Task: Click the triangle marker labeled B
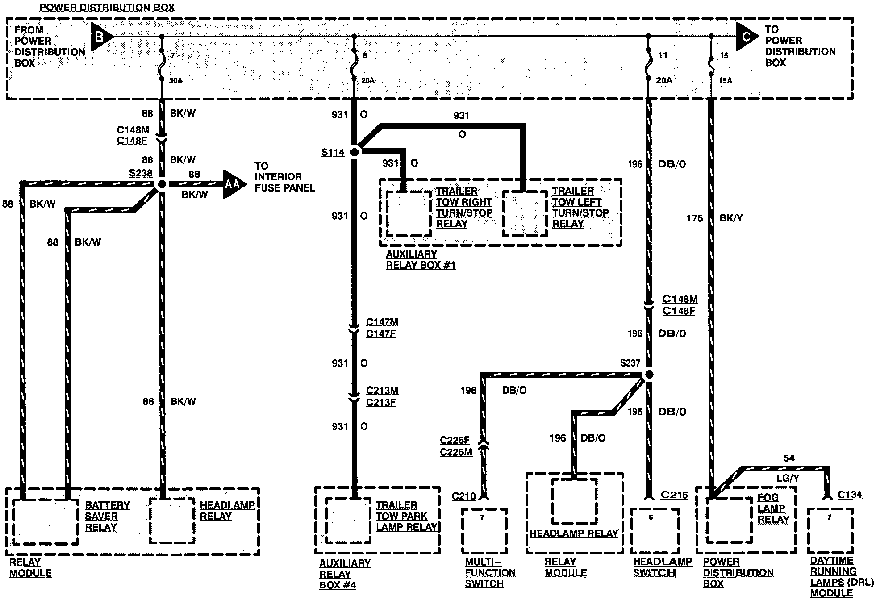pyautogui.click(x=100, y=37)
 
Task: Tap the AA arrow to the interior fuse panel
pyautogui.click(x=233, y=183)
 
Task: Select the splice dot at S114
pyautogui.click(x=355, y=152)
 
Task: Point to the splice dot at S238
pyautogui.click(x=162, y=183)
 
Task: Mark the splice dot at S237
pyautogui.click(x=649, y=375)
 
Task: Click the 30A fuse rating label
pyautogui.click(x=175, y=81)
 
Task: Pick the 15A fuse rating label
pyautogui.click(x=726, y=81)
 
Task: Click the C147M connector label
pyautogui.click(x=382, y=322)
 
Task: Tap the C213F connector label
pyautogui.click(x=381, y=402)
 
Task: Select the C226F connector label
pyautogui.click(x=455, y=441)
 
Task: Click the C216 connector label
pyautogui.click(x=674, y=495)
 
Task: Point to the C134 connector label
pyautogui.click(x=850, y=495)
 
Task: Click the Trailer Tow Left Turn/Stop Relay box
pyautogui.click(x=525, y=213)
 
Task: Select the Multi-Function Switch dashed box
pyautogui.click(x=484, y=531)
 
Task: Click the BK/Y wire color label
pyautogui.click(x=731, y=218)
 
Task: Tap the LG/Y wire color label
pyautogui.click(x=787, y=478)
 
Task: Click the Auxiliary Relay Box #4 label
pyautogui.click(x=345, y=574)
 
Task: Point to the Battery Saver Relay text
pyautogui.click(x=107, y=516)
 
